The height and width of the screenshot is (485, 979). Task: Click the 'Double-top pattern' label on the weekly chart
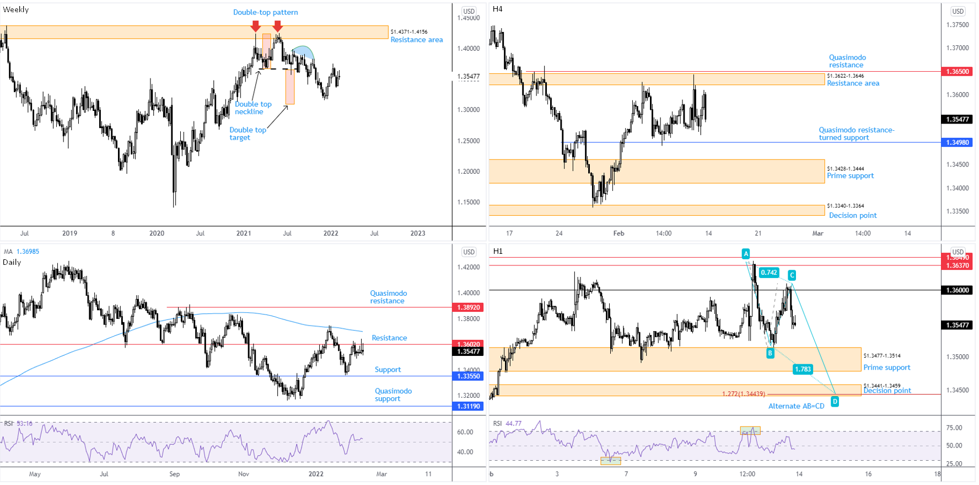pyautogui.click(x=265, y=12)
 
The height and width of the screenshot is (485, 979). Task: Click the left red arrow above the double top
pyautogui.click(x=255, y=26)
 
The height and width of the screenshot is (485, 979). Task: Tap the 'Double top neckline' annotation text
pyautogui.click(x=253, y=108)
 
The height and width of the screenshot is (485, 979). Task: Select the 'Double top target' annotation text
pyautogui.click(x=248, y=134)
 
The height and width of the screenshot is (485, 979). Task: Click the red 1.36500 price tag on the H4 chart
pyautogui.click(x=958, y=72)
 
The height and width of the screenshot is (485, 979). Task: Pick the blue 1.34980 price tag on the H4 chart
pyautogui.click(x=958, y=142)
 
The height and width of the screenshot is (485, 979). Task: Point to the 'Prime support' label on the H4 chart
pyautogui.click(x=850, y=175)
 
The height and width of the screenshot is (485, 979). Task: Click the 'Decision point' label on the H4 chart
pyautogui.click(x=853, y=215)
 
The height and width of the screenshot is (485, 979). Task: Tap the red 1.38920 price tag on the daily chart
pyautogui.click(x=468, y=307)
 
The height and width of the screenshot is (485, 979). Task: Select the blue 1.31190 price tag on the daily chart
pyautogui.click(x=468, y=406)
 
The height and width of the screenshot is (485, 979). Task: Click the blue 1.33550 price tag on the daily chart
pyautogui.click(x=468, y=376)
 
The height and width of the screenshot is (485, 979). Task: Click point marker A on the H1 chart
pyautogui.click(x=745, y=254)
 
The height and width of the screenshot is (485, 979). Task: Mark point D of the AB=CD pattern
pyautogui.click(x=835, y=402)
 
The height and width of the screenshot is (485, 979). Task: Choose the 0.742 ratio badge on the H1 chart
pyautogui.click(x=768, y=273)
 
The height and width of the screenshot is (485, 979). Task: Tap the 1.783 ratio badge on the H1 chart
pyautogui.click(x=803, y=369)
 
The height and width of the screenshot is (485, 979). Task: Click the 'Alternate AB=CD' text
pyautogui.click(x=796, y=406)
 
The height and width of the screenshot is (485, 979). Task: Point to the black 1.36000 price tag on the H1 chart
pyautogui.click(x=958, y=290)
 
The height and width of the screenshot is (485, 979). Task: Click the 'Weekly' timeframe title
pyautogui.click(x=16, y=9)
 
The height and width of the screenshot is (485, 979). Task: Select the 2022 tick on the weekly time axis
pyautogui.click(x=331, y=233)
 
